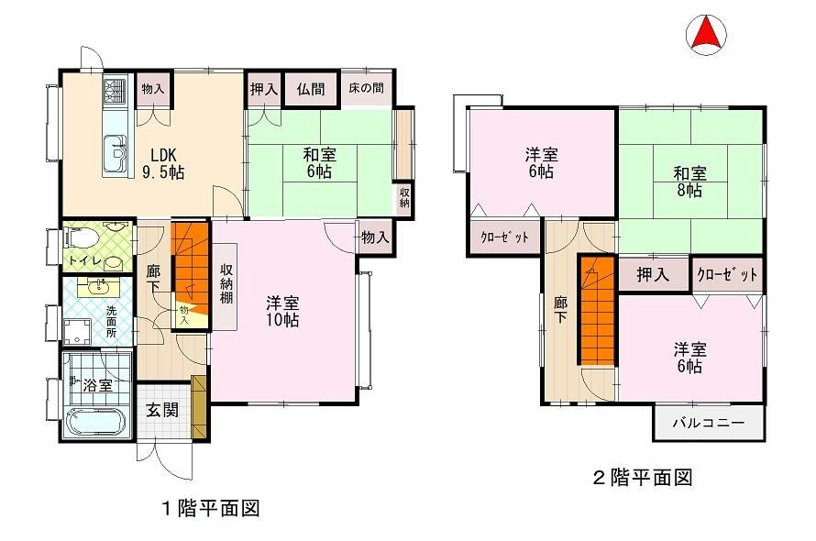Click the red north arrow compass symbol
pyautogui.click(x=706, y=34)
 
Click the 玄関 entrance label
pyautogui.click(x=162, y=410)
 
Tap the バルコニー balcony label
pyautogui.click(x=709, y=423)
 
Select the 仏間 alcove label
pyautogui.click(x=311, y=89)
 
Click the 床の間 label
pyautogui.click(x=367, y=88)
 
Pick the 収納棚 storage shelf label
pyautogui.click(x=226, y=283)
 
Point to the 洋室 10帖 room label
pyautogui.click(x=282, y=311)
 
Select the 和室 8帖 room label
pyautogui.click(x=690, y=182)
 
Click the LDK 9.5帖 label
pyautogui.click(x=163, y=163)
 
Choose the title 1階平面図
pyautogui.click(x=210, y=508)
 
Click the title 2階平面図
pyautogui.click(x=644, y=477)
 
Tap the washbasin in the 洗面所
pyautogui.click(x=98, y=286)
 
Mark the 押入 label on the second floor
pyautogui.click(x=653, y=274)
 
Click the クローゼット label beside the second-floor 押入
pyautogui.click(x=727, y=274)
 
